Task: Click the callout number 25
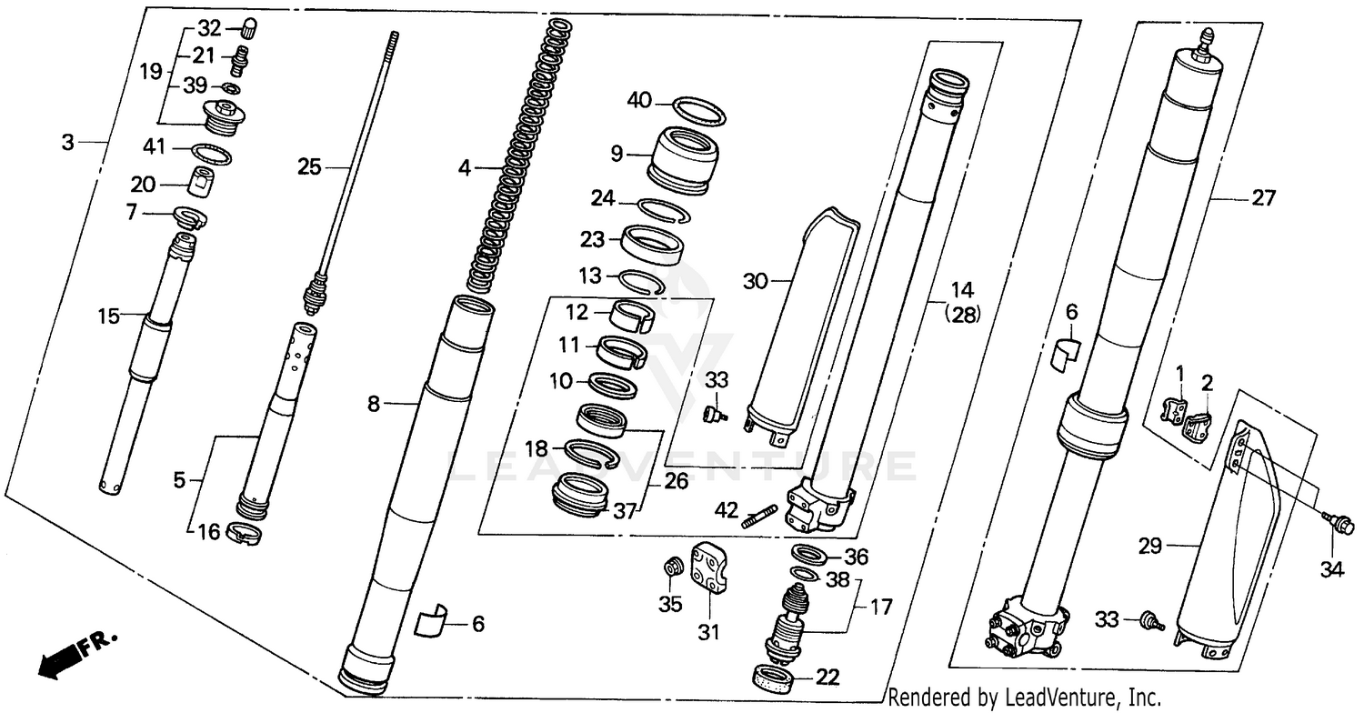coord(309,166)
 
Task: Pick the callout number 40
coord(639,101)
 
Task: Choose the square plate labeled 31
coord(712,567)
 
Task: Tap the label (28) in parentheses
coord(962,314)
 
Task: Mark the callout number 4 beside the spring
coord(465,167)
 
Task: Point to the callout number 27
coord(1264,197)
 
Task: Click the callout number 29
coord(1151,546)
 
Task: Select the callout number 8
coord(374,405)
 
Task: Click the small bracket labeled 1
coord(1176,406)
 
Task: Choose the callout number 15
coord(110,316)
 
